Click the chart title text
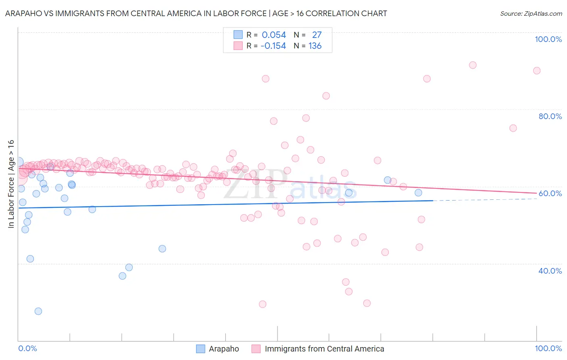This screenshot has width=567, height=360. pyautogui.click(x=196, y=13)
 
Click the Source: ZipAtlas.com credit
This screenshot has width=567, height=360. pyautogui.click(x=531, y=13)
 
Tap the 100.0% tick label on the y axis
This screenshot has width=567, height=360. pyautogui.click(x=548, y=39)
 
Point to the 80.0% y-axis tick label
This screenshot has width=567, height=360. pyautogui.click(x=550, y=116)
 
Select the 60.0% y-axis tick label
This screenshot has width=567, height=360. pyautogui.click(x=550, y=193)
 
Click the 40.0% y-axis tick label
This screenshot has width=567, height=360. pyautogui.click(x=550, y=271)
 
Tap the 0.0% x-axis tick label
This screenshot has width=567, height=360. pyautogui.click(x=27, y=348)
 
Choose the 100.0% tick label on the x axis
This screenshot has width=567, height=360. pyautogui.click(x=548, y=348)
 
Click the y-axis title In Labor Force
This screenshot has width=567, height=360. pyautogui.click(x=11, y=184)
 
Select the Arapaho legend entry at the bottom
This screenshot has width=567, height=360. pyautogui.click(x=223, y=349)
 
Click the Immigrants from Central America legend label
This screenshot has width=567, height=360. pyautogui.click(x=324, y=349)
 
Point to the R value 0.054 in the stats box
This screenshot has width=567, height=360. pyautogui.click(x=274, y=35)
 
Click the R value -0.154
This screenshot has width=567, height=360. pyautogui.click(x=273, y=46)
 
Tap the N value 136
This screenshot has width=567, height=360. pyautogui.click(x=315, y=46)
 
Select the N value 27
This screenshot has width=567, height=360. pyautogui.click(x=317, y=35)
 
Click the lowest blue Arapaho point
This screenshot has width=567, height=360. pyautogui.click(x=38, y=311)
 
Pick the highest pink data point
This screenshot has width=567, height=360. pyautogui.click(x=473, y=65)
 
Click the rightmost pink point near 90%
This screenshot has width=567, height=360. pyautogui.click(x=537, y=71)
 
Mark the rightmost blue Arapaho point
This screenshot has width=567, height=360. pyautogui.click(x=418, y=193)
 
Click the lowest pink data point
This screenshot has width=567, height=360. pyautogui.click(x=263, y=304)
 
